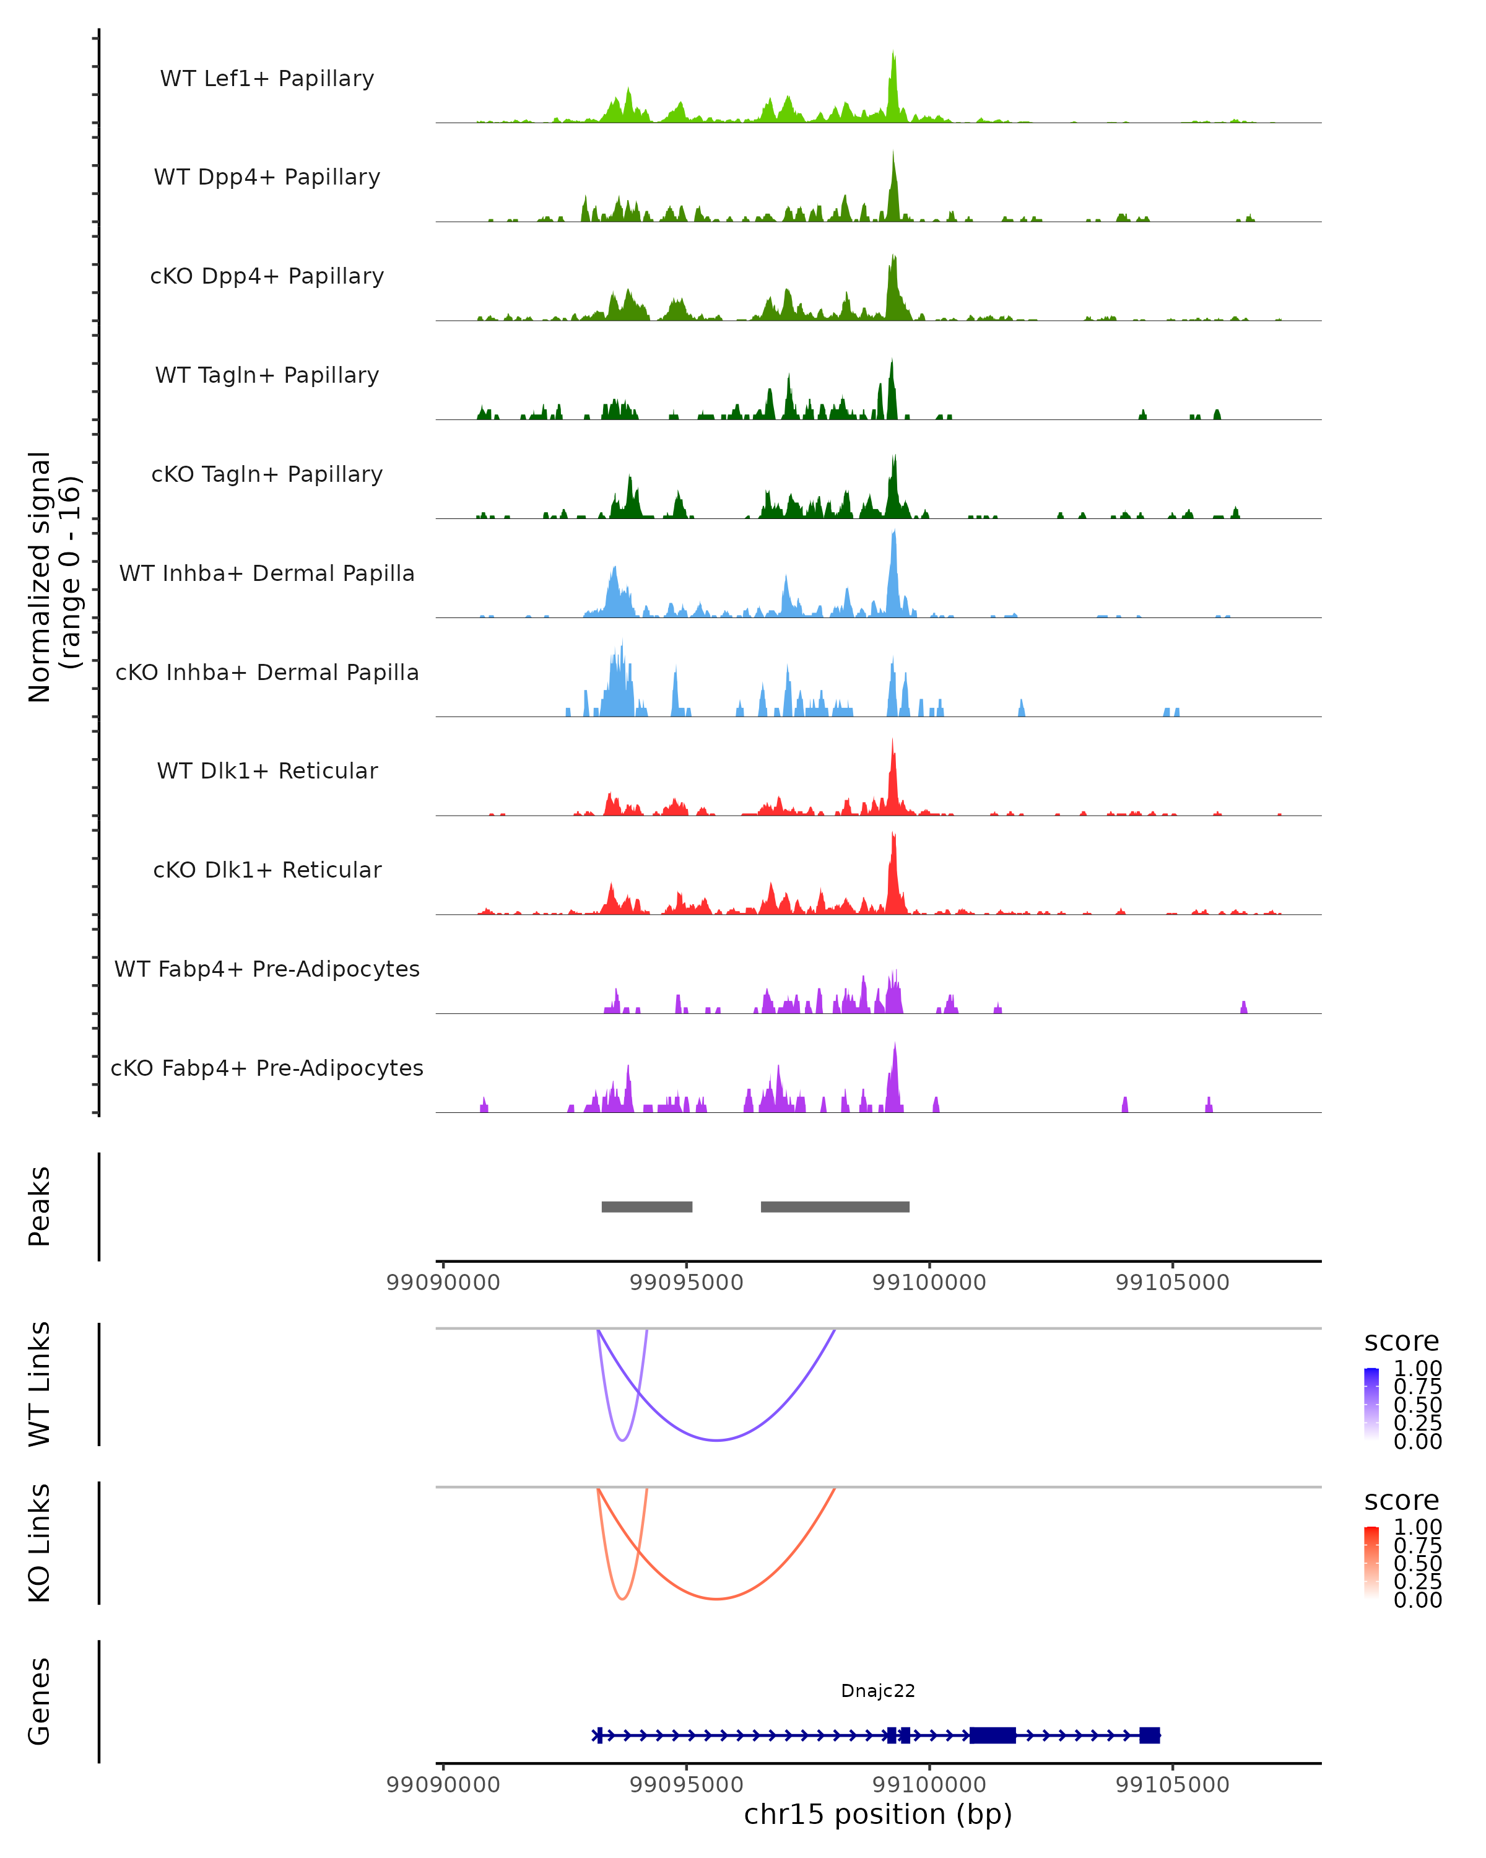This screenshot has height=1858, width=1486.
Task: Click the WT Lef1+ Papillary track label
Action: coord(267,79)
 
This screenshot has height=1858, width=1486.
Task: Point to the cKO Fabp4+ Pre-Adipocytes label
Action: coord(267,1068)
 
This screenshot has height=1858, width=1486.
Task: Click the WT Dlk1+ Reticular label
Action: coord(267,770)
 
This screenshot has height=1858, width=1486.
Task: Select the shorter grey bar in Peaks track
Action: coord(647,1206)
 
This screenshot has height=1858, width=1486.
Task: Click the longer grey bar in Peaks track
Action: coord(835,1206)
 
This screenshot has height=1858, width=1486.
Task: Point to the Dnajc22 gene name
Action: coord(878,1691)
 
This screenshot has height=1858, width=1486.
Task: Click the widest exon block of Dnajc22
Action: coord(993,1735)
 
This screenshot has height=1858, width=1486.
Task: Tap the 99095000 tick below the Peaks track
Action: coord(687,1283)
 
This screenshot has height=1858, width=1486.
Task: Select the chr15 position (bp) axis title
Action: coord(878,1814)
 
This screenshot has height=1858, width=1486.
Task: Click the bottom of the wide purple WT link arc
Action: coord(716,1440)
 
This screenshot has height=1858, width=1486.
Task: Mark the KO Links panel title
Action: coord(40,1543)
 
